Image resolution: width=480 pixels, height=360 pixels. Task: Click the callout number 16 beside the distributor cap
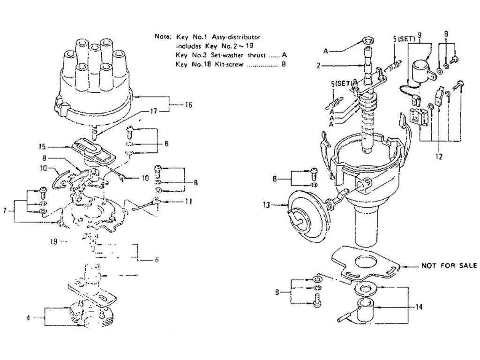(x=187, y=105)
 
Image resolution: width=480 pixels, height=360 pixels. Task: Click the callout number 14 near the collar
(x=419, y=307)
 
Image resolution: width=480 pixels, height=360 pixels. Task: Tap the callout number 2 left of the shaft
(x=318, y=66)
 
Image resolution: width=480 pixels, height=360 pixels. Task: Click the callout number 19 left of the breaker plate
(x=55, y=242)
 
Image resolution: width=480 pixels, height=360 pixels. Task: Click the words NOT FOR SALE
(x=448, y=265)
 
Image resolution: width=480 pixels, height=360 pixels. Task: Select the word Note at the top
(x=162, y=36)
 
